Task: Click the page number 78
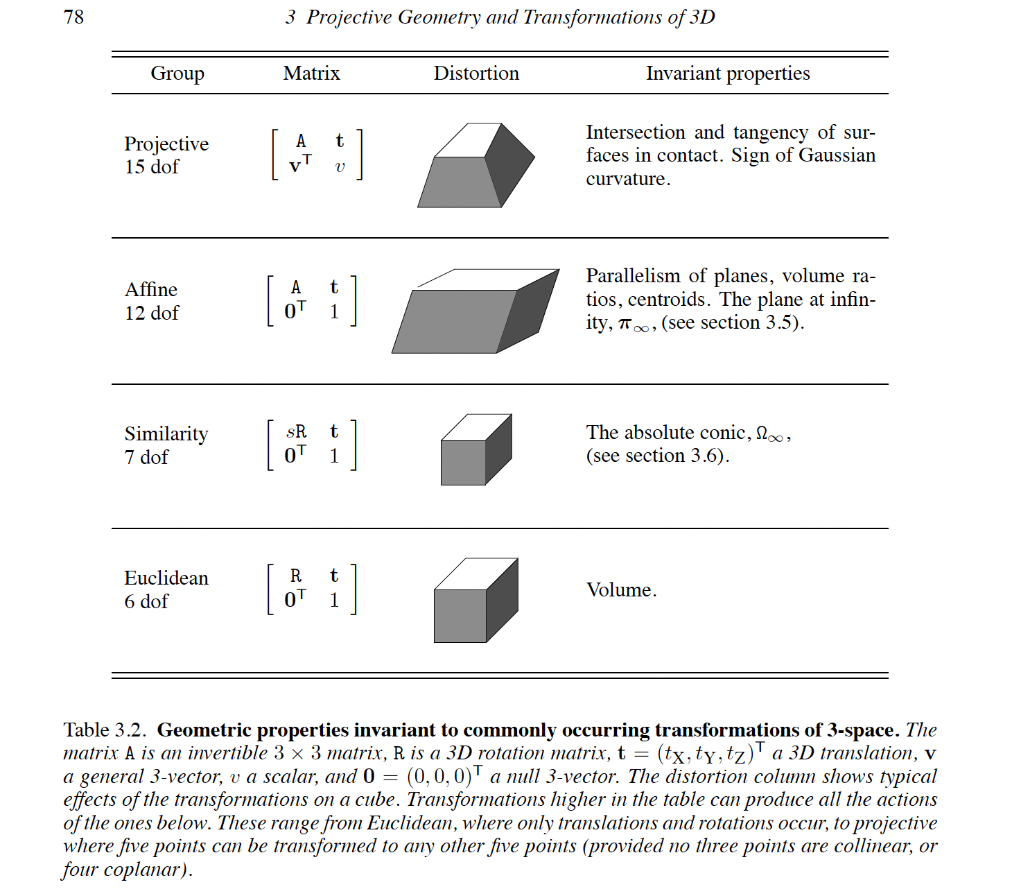click(x=73, y=17)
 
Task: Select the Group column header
click(x=177, y=74)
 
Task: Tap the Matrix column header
click(x=311, y=73)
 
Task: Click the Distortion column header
click(x=476, y=73)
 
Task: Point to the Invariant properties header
click(x=728, y=74)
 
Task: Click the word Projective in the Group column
click(x=166, y=144)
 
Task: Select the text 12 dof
click(x=151, y=313)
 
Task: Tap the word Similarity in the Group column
click(x=166, y=433)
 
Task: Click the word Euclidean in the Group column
click(x=166, y=578)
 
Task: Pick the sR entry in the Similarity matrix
click(x=296, y=431)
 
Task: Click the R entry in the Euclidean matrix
click(x=296, y=576)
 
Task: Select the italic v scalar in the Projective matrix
click(x=340, y=167)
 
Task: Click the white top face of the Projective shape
click(x=468, y=140)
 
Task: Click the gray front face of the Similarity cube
click(x=463, y=463)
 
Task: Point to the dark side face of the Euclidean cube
click(x=502, y=600)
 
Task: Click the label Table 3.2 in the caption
click(x=104, y=730)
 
